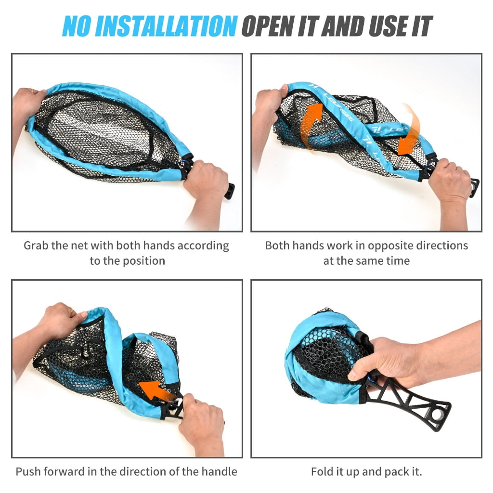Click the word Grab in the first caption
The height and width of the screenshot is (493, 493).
(36, 246)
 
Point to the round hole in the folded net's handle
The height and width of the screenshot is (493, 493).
(438, 415)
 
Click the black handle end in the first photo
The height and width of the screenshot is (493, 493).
(230, 191)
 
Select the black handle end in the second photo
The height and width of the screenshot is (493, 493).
(474, 187)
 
